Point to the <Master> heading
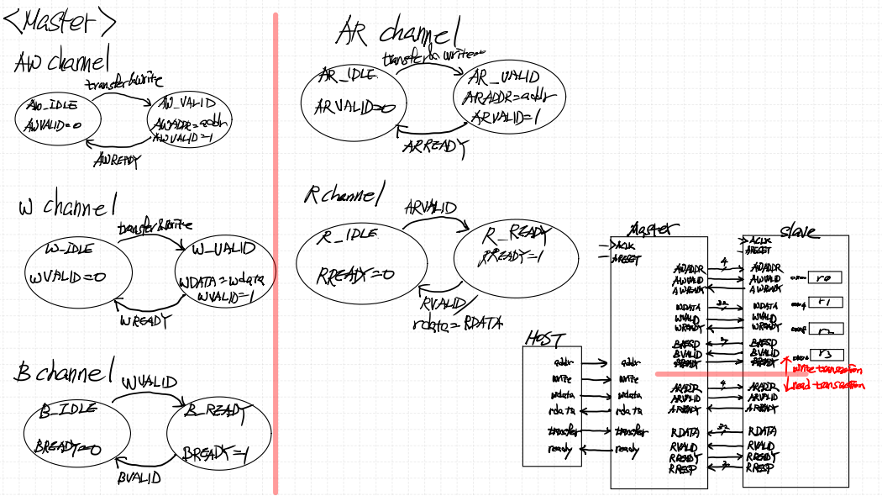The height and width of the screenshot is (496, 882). (x=59, y=23)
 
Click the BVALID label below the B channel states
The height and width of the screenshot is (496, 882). (x=139, y=478)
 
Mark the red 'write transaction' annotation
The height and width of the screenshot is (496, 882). (x=827, y=369)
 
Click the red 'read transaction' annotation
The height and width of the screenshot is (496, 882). (x=827, y=385)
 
